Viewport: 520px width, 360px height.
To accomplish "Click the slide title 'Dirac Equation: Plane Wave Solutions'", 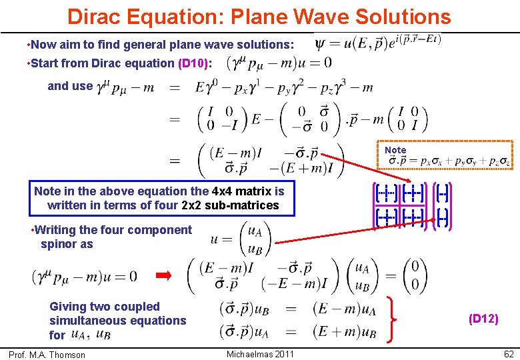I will (259, 16).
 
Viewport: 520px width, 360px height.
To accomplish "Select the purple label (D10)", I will (194, 63).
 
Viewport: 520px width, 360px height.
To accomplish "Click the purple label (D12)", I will (483, 319).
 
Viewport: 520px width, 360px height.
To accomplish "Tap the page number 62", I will (509, 354).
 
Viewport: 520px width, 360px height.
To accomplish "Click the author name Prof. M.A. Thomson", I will (47, 355).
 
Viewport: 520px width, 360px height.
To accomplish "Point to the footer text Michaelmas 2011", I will (260, 354).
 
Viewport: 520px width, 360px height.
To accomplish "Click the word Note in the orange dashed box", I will (395, 151).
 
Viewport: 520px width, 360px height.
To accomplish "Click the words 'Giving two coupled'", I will (105, 307).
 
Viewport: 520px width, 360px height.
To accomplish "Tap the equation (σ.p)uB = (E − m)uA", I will (294, 309).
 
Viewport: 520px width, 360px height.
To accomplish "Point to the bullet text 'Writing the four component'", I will (113, 230).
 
